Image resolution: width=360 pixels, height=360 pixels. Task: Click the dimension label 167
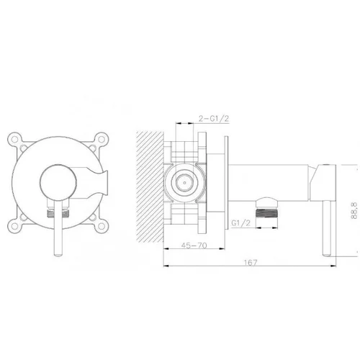point(251,262)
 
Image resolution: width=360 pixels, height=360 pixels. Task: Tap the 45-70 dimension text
point(194,246)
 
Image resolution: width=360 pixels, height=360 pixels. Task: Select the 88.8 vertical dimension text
point(354,210)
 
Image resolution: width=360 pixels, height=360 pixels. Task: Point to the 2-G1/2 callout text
point(214,118)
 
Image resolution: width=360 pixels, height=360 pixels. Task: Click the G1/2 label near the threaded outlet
point(240,223)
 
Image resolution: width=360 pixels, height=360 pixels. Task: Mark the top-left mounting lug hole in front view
point(15,139)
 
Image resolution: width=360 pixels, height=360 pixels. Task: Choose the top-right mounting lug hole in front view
point(102,139)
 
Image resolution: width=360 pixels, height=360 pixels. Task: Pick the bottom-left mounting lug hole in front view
point(15,225)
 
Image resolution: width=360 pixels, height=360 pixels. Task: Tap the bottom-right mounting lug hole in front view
point(102,225)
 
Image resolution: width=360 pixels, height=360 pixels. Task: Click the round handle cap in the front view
point(58,183)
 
